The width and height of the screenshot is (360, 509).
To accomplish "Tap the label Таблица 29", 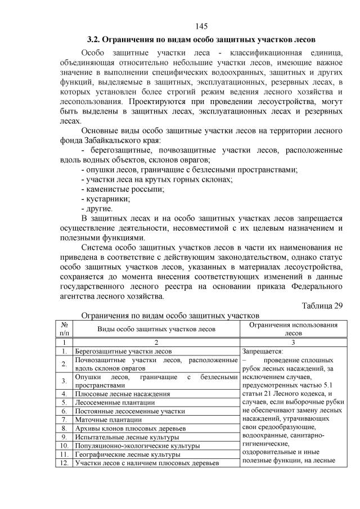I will coord(322,305).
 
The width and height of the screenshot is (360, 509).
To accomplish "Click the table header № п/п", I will coord(65,329).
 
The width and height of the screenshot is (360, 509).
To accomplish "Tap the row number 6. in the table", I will coord(65,411).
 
